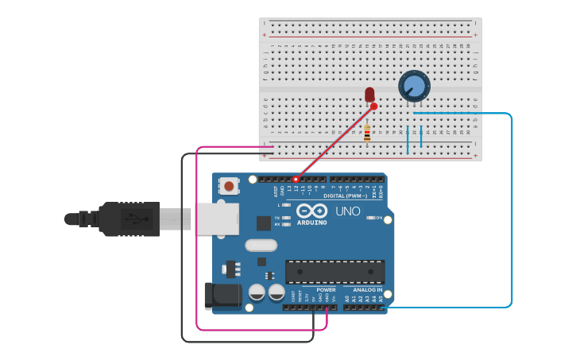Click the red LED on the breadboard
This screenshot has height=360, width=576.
(369, 95)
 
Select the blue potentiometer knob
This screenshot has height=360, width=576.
(414, 86)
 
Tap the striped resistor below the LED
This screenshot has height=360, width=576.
(367, 134)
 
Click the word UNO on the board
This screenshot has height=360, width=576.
(347, 211)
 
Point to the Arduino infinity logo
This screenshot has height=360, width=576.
(312, 211)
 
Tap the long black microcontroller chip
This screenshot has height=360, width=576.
(334, 272)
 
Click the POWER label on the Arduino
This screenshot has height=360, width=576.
(326, 290)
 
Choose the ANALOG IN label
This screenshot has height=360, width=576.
(368, 290)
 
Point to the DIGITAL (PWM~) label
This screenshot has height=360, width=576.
(346, 195)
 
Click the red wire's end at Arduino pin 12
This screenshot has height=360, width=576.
(296, 180)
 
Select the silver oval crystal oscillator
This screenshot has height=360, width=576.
(261, 246)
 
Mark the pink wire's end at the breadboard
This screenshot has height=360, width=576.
(273, 146)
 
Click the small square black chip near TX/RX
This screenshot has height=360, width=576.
(263, 223)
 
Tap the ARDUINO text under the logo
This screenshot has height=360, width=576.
(312, 223)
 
